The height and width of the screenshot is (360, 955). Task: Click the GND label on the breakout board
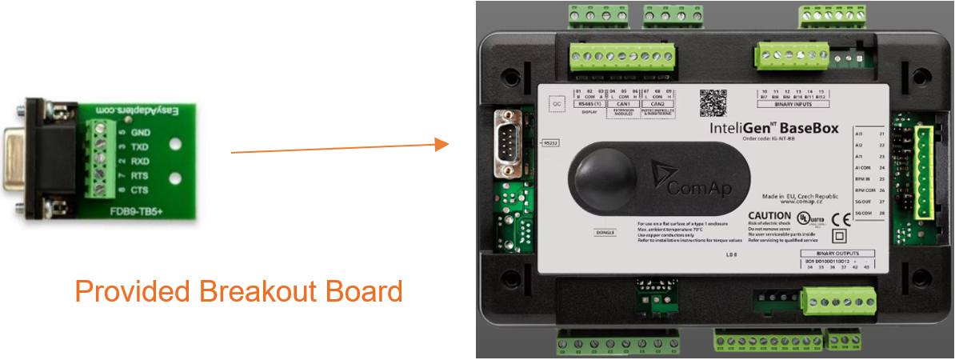141,132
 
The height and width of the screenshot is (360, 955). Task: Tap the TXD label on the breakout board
141,146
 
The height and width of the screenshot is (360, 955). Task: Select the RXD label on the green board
141,161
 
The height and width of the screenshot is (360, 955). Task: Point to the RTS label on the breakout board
141,175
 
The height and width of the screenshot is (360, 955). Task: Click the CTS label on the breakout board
141,190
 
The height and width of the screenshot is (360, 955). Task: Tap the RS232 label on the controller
550,142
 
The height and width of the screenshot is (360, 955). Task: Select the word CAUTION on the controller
770,216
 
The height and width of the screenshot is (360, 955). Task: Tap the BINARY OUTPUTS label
835,254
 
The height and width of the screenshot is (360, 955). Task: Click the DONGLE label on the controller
603,232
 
